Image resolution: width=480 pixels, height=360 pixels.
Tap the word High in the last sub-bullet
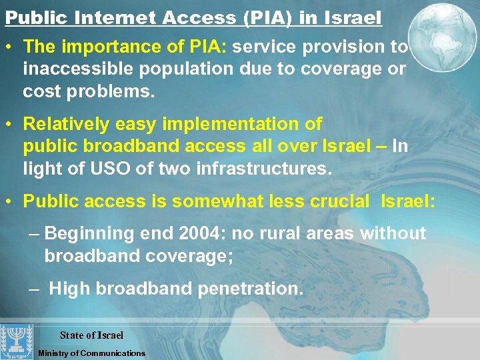click(x=70, y=288)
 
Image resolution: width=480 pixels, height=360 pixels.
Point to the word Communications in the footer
click(x=113, y=353)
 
